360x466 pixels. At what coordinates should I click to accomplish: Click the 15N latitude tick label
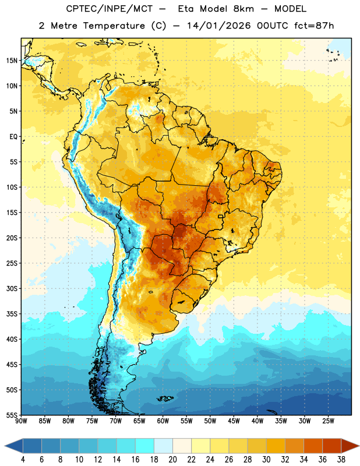tap(12, 61)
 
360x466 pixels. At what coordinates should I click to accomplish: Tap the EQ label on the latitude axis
tap(13, 137)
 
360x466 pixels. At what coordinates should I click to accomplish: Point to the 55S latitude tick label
tap(12, 415)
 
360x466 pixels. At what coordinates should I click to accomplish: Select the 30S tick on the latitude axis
tap(12, 288)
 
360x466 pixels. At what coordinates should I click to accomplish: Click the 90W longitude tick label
tap(22, 421)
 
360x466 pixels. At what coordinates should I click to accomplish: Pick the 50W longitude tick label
tap(210, 421)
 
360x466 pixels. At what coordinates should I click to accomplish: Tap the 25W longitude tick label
tap(328, 421)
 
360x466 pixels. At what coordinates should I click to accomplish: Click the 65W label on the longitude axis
tap(139, 421)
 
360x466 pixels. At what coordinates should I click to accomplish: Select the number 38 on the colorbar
tap(341, 460)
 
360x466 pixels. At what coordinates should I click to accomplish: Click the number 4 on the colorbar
tap(23, 460)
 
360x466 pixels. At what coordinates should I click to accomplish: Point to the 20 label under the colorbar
tap(172, 460)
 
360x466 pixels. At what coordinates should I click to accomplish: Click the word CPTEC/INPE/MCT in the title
tap(109, 9)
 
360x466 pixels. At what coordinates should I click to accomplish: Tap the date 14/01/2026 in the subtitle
tap(219, 26)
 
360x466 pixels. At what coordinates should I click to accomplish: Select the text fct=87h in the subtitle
tap(314, 26)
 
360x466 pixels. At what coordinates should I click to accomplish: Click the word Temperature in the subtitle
tap(114, 26)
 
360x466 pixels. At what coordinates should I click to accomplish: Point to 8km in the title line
tap(243, 9)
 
